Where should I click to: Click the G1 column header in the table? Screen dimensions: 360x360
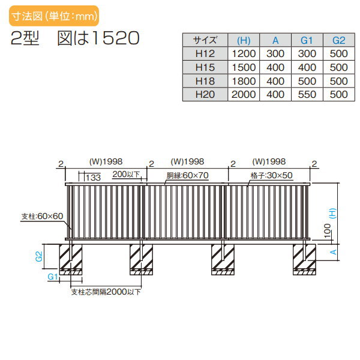click(x=307, y=40)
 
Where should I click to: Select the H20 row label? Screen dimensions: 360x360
click(x=205, y=94)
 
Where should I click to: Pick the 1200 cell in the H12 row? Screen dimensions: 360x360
click(x=244, y=54)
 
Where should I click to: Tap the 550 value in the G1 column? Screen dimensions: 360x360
click(x=307, y=94)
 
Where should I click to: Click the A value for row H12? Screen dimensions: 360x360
click(x=275, y=54)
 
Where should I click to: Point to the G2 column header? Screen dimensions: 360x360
click(x=338, y=40)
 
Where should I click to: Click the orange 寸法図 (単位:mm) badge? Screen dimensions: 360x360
click(x=54, y=16)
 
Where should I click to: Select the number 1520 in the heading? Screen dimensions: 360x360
click(x=116, y=38)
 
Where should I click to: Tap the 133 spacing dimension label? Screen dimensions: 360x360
click(x=93, y=178)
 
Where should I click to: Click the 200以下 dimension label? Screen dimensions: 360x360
click(x=126, y=175)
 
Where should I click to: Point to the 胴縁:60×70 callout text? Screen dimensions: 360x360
click(x=187, y=176)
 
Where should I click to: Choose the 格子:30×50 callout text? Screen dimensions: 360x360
click(x=271, y=176)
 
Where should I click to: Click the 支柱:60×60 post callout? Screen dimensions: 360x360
click(x=42, y=216)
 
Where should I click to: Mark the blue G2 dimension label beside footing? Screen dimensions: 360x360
click(x=39, y=256)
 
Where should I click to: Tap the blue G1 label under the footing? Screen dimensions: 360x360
click(x=53, y=277)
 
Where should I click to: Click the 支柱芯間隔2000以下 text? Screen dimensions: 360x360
click(x=106, y=292)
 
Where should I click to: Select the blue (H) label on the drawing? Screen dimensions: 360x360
click(x=333, y=213)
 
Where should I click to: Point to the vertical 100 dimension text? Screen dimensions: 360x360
click(x=328, y=230)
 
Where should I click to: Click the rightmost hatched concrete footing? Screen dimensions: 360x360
click(x=304, y=259)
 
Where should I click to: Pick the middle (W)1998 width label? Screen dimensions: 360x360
click(x=187, y=161)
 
